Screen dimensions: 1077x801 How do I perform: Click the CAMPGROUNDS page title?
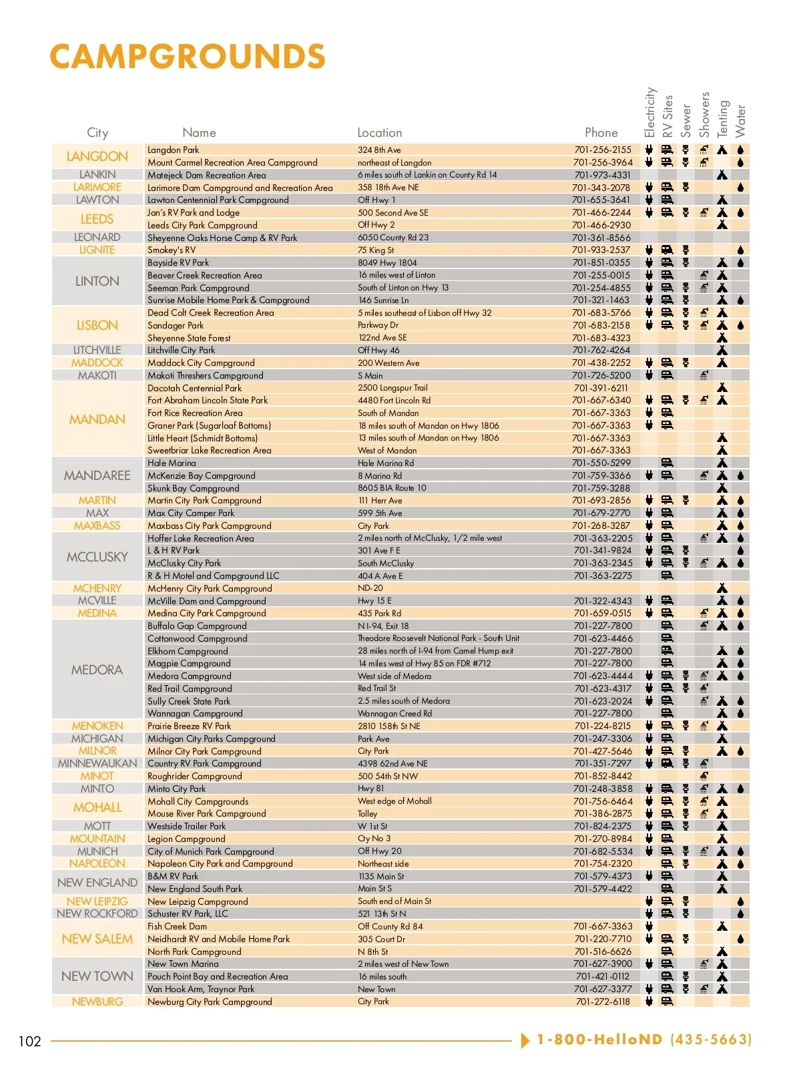pos(188,57)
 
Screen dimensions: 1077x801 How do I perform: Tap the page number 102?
pos(30,1041)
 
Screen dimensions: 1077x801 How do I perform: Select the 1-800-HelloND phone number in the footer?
pos(643,1040)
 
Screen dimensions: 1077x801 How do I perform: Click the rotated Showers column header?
pos(704,115)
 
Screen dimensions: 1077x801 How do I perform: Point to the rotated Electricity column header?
pos(649,113)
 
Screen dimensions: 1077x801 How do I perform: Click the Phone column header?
pos(601,133)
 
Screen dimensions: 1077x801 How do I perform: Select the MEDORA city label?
pos(97,670)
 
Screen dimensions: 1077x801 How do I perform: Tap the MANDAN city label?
pos(97,419)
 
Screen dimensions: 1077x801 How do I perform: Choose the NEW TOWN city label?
pos(97,976)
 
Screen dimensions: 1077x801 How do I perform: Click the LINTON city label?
pos(97,281)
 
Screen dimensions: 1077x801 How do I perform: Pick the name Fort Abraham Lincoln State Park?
pos(208,400)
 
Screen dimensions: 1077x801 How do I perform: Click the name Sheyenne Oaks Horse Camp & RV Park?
pos(222,238)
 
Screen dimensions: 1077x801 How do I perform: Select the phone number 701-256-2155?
pos(602,150)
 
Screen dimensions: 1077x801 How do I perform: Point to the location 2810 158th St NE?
pos(389,726)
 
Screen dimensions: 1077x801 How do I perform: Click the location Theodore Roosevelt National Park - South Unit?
pos(439,638)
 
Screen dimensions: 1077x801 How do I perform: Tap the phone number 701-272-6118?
pos(602,1002)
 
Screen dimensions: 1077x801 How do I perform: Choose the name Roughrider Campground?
pos(195,776)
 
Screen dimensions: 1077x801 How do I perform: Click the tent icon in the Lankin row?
pos(722,175)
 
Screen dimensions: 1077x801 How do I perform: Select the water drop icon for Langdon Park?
pos(740,150)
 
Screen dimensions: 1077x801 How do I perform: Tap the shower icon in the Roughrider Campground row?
pos(704,776)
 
